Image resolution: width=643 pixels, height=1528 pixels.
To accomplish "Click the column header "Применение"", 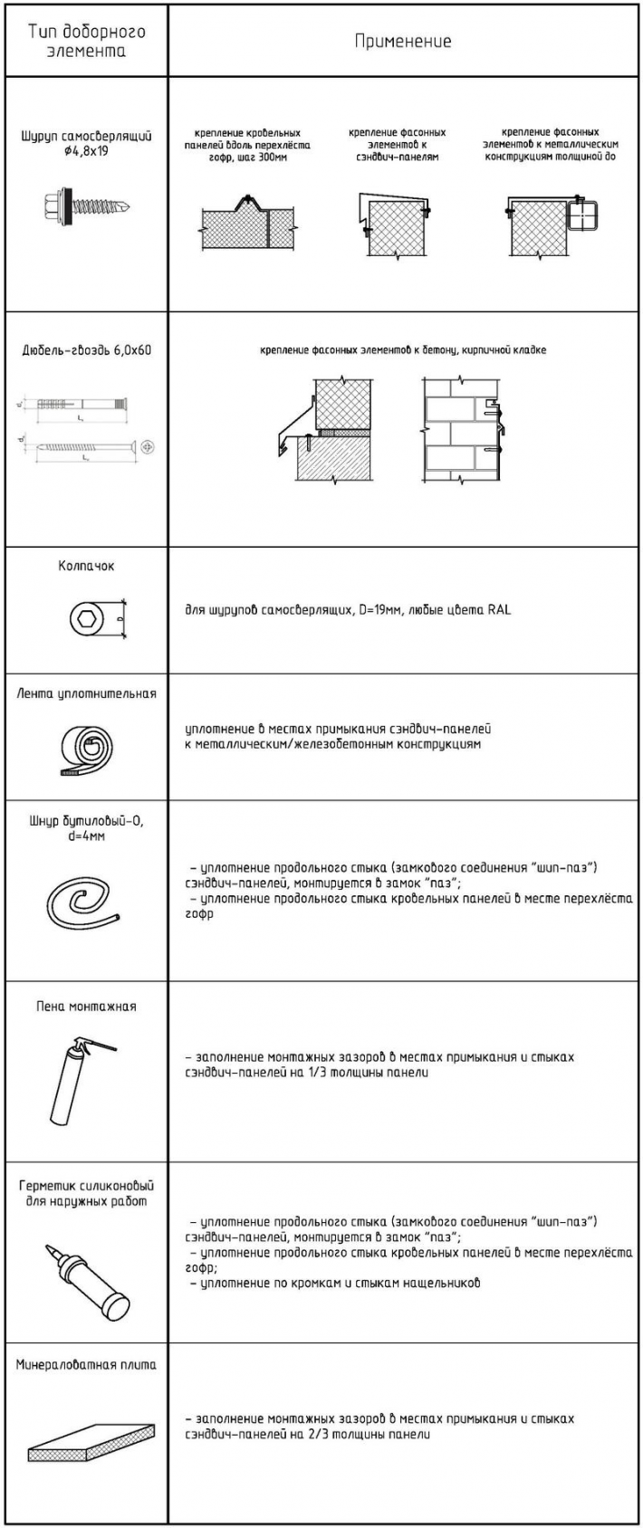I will (403, 41).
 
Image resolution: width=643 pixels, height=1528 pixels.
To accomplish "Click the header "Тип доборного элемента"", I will (86, 42).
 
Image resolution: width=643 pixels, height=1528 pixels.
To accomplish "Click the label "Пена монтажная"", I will (86, 1006).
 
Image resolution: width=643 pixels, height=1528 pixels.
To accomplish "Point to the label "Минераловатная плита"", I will (86, 1364).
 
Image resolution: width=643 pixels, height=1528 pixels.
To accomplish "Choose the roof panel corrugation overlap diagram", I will (246, 221).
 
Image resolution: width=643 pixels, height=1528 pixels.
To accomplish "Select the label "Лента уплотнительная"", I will (86, 694).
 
